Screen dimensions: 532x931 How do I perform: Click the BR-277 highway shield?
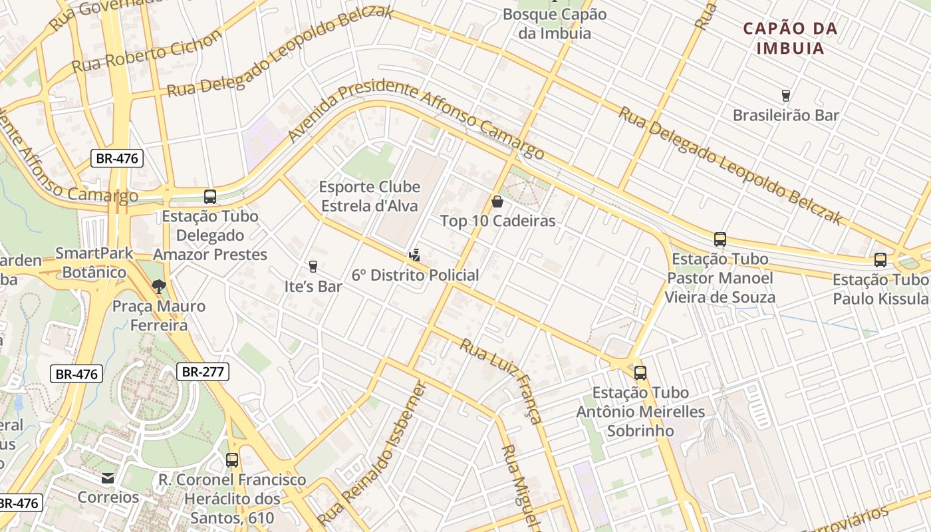click(203, 372)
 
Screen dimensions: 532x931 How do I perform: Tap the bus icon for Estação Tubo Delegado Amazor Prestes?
click(210, 197)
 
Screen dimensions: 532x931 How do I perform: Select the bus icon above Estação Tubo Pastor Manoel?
click(720, 239)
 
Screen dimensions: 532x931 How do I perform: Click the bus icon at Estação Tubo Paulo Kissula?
click(880, 260)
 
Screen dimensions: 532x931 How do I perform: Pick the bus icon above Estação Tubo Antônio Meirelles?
click(640, 373)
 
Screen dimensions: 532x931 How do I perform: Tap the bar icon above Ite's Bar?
click(313, 267)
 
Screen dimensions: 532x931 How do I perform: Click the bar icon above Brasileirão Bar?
click(785, 96)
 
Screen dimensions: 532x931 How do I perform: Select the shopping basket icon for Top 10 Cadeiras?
click(497, 201)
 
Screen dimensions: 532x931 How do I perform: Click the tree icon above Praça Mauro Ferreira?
click(158, 287)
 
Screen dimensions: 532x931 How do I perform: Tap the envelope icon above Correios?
click(108, 478)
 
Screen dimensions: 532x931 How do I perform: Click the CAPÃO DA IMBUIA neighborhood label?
click(791, 39)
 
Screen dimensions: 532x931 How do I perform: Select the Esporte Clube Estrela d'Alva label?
click(370, 196)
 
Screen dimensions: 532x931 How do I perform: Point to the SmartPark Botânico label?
click(94, 263)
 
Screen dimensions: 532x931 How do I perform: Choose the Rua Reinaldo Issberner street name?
click(372, 454)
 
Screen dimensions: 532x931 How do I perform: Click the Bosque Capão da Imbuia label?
click(555, 23)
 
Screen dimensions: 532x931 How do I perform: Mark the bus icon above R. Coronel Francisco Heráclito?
click(232, 460)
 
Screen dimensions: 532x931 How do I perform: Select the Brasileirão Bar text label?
click(785, 115)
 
